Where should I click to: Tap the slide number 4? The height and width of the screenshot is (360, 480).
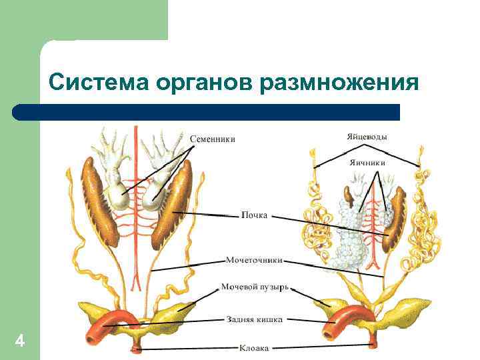(20, 342)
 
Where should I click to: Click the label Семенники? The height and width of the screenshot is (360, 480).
(213, 139)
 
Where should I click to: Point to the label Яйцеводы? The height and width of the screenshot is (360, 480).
(367, 137)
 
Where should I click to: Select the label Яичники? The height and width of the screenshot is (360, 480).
(368, 161)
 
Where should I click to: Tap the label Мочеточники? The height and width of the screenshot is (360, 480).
(254, 259)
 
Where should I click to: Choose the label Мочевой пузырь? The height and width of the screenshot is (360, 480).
(255, 287)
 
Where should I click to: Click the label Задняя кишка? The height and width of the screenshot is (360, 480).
(253, 319)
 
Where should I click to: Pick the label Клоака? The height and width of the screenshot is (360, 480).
(254, 347)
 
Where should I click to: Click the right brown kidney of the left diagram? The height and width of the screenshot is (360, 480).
(171, 203)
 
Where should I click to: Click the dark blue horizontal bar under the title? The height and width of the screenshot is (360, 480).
(207, 111)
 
